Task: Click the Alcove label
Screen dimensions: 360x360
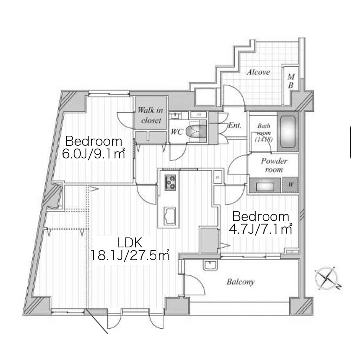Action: pos(258,72)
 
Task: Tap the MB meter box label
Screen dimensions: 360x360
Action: pos(291,81)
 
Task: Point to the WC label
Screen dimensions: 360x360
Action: pos(177,132)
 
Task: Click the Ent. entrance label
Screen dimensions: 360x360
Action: pos(235,126)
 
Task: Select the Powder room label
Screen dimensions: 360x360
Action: pos(274,165)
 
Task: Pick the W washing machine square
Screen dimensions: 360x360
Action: pos(290,186)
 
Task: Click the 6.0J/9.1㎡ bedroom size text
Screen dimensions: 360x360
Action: pos(94,155)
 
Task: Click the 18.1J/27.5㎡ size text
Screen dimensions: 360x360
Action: pos(131,256)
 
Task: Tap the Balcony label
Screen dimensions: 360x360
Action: pos(240,282)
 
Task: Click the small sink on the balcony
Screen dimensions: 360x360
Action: pos(209,265)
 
